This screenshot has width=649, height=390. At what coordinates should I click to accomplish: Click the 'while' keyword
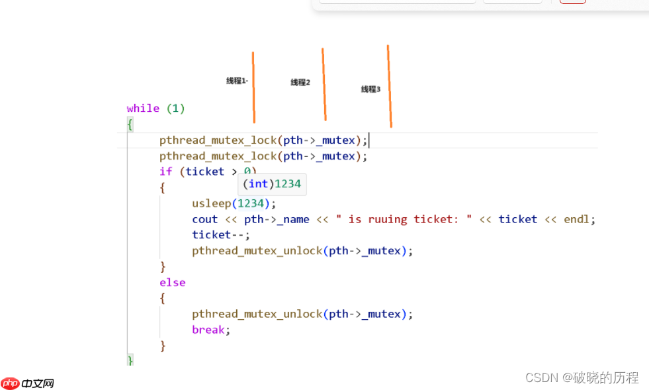click(x=143, y=109)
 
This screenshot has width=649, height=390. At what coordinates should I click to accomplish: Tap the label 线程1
click(x=236, y=81)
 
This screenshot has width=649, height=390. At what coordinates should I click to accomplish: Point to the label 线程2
click(x=300, y=83)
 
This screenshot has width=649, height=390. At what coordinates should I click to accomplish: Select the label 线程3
click(x=370, y=89)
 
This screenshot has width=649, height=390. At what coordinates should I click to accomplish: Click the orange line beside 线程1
click(x=253, y=87)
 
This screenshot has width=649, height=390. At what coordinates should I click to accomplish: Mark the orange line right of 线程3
click(x=390, y=86)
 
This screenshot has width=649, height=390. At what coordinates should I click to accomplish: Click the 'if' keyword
click(x=165, y=171)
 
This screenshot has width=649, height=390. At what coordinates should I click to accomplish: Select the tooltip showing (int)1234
click(x=272, y=184)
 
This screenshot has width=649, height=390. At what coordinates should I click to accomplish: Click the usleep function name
click(x=211, y=203)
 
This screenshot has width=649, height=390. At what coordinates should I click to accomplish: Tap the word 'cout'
click(x=204, y=219)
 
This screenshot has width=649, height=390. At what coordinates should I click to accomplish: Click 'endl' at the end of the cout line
click(x=576, y=219)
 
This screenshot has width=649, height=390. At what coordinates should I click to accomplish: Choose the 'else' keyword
click(x=172, y=283)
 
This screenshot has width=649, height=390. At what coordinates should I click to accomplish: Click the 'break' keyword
click(x=208, y=330)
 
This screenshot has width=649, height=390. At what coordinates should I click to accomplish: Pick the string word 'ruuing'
click(x=388, y=220)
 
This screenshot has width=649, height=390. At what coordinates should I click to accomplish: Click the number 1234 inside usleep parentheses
click(x=251, y=203)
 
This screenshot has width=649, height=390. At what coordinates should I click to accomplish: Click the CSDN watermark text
click(x=582, y=377)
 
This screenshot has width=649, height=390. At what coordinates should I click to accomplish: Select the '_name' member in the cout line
click(x=293, y=220)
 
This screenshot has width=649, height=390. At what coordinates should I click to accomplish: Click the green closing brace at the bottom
click(x=130, y=360)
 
